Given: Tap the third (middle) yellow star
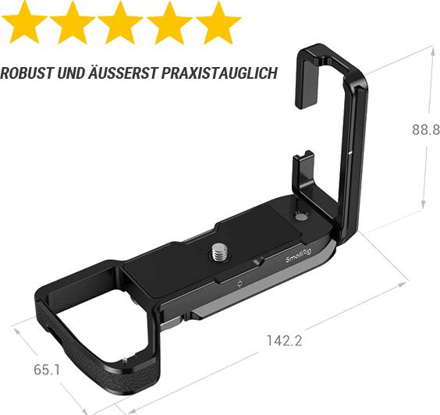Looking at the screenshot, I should tap(120, 23).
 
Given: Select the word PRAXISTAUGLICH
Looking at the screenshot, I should tap(221, 74).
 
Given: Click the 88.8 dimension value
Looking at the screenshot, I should tap(426, 130).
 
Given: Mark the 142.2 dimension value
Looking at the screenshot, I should tap(284, 340).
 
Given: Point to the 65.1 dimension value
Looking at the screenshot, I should tap(47, 369).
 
